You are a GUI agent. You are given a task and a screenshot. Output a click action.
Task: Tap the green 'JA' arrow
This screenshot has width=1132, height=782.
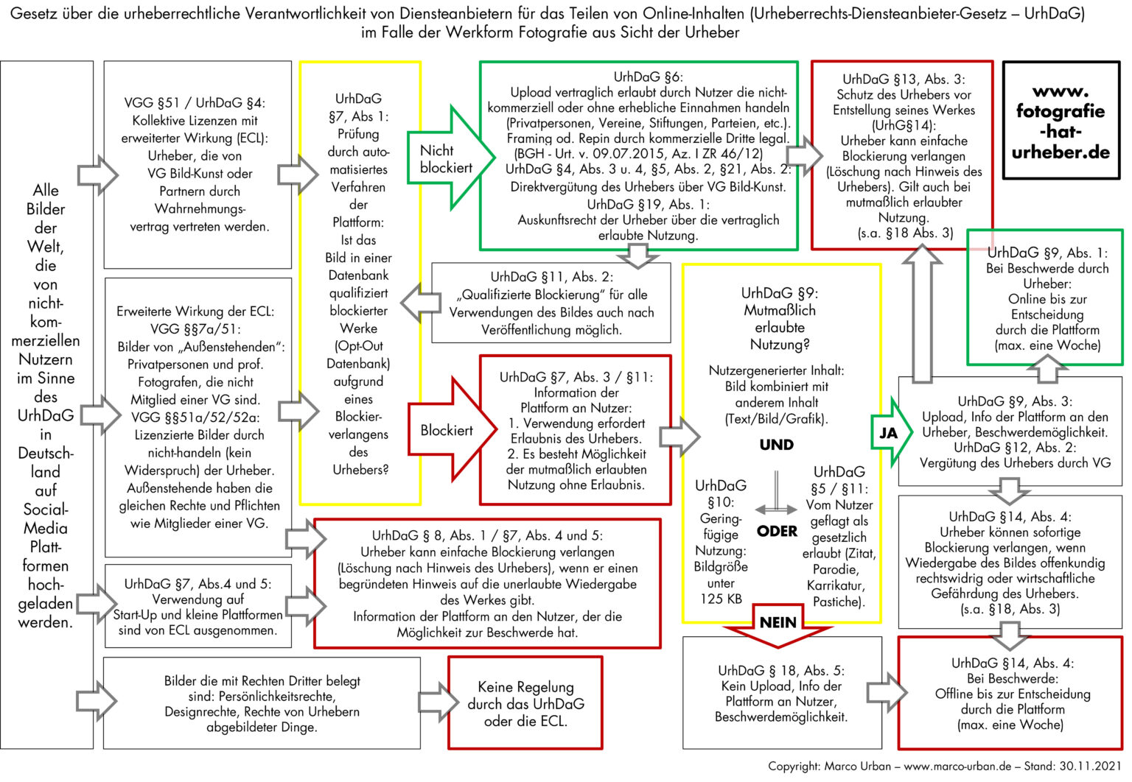tap(890, 432)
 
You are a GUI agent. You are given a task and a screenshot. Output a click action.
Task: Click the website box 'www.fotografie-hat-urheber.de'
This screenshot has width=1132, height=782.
tap(1061, 121)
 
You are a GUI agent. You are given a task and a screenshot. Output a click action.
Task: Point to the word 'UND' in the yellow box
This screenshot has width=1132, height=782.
tap(777, 445)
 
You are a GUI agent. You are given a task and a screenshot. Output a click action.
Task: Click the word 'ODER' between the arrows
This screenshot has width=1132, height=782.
tap(777, 531)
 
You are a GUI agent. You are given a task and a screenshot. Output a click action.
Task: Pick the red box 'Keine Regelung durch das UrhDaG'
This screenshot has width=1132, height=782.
tap(525, 703)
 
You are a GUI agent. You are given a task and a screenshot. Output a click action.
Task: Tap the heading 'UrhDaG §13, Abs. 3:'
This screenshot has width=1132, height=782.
tap(904, 79)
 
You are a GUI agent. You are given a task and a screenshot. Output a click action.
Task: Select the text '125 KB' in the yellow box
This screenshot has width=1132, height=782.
tap(721, 599)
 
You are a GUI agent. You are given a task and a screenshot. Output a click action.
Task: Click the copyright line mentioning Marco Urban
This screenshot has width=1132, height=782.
tap(944, 766)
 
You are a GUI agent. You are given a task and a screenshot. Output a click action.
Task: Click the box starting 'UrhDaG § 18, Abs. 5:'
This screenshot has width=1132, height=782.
tap(781, 692)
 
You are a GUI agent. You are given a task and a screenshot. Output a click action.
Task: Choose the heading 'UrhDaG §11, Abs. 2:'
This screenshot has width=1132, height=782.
tap(551, 277)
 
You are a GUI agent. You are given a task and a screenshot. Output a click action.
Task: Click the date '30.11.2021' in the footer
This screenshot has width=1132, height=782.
tap(1091, 766)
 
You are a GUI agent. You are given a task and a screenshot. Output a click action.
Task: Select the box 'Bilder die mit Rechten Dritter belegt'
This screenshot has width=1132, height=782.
tap(262, 703)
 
